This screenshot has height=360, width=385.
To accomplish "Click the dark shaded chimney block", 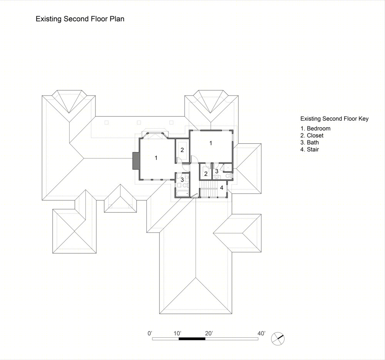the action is coord(136,161).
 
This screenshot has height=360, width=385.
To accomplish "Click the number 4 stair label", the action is coord(221,188).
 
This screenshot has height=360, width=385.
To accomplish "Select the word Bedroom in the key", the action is coord(318,128).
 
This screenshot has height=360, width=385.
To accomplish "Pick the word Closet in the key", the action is coord(315,135).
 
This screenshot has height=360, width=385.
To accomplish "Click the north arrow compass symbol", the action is coord(278,339).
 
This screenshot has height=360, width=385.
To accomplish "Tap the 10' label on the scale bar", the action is coord(177,333).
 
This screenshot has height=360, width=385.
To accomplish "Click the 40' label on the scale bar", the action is coord(261,333).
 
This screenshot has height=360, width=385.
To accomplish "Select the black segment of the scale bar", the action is coord(192,339).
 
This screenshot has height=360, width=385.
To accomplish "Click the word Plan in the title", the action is coord(117,19).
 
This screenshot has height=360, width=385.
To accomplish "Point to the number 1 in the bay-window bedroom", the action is coord(156,158).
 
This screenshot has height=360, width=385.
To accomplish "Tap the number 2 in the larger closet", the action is coord(182,150).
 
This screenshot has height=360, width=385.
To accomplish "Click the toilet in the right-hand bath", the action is coord(228,176).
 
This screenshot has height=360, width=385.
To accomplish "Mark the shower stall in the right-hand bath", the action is coord(228,168).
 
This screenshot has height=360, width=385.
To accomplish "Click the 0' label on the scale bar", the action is coord(150,333).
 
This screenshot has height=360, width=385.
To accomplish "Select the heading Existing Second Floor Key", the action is coord(335,119).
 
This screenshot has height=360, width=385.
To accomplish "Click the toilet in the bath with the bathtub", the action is coord(187,177).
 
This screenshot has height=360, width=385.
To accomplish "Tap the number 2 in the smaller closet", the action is coord(206,174).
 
